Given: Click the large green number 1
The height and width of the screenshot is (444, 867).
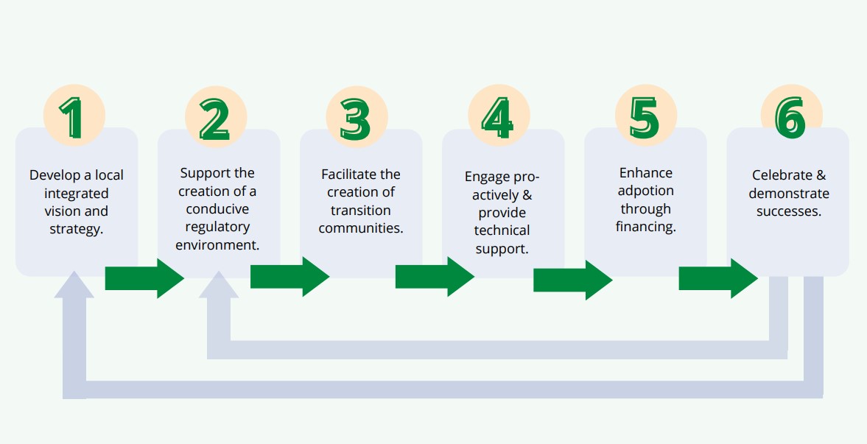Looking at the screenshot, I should (x=74, y=118).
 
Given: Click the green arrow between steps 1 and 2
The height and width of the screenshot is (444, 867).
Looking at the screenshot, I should (x=144, y=278).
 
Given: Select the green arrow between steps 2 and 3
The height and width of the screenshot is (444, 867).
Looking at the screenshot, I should (x=289, y=277).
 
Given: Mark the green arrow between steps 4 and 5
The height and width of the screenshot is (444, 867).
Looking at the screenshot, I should (x=572, y=280).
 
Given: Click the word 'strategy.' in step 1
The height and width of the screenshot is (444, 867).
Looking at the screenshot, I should (x=76, y=229).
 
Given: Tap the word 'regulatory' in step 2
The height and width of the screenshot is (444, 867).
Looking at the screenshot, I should (x=217, y=227).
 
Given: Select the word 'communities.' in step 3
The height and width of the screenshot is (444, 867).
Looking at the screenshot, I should (x=361, y=228).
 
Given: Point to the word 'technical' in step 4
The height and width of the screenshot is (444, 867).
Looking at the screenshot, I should (x=502, y=230).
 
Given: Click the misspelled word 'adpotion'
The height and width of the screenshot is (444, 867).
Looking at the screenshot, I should (x=646, y=191).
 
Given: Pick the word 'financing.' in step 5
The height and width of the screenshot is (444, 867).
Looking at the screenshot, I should (x=646, y=227).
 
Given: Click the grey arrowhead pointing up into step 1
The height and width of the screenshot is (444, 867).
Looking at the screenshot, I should (x=74, y=284).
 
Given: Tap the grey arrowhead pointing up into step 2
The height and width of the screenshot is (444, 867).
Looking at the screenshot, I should (x=219, y=284).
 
